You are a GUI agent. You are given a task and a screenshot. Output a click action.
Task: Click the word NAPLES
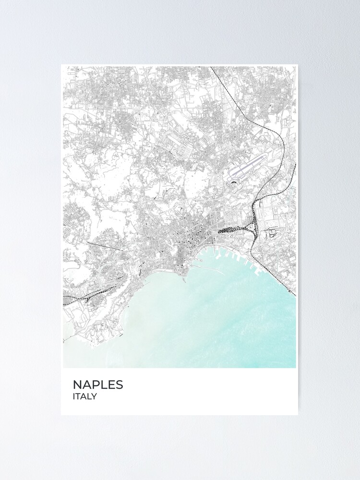pos(98,384)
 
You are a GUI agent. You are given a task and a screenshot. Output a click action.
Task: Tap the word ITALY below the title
pos(85,396)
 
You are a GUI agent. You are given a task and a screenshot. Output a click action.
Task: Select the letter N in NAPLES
pos(77,384)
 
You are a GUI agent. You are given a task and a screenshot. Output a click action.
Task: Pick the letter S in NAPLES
pos(119,384)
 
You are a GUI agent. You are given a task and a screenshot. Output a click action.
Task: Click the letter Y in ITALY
pos(95,396)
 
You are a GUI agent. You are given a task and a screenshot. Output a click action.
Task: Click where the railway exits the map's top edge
pos(211,68)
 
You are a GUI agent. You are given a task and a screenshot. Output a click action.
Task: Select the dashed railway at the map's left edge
pos(67,298)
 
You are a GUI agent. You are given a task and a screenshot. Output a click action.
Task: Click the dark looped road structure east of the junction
pos(273,234)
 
